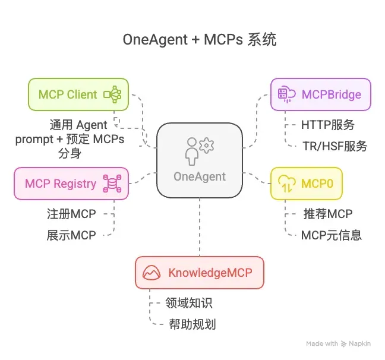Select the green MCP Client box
(x=78, y=94)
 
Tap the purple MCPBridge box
(x=321, y=94)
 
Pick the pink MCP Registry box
(x=71, y=183)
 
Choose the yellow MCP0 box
(x=307, y=183)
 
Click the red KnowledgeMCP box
(x=199, y=273)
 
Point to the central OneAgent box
(x=200, y=161)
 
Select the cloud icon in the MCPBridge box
(x=286, y=94)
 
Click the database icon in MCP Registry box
(x=111, y=183)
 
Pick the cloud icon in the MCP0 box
(x=287, y=183)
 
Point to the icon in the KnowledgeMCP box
(x=152, y=273)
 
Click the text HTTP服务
(x=327, y=125)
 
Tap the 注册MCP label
(x=71, y=213)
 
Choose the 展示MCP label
(x=71, y=235)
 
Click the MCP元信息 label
(x=331, y=235)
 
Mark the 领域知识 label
(x=188, y=303)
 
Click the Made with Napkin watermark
(x=340, y=344)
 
